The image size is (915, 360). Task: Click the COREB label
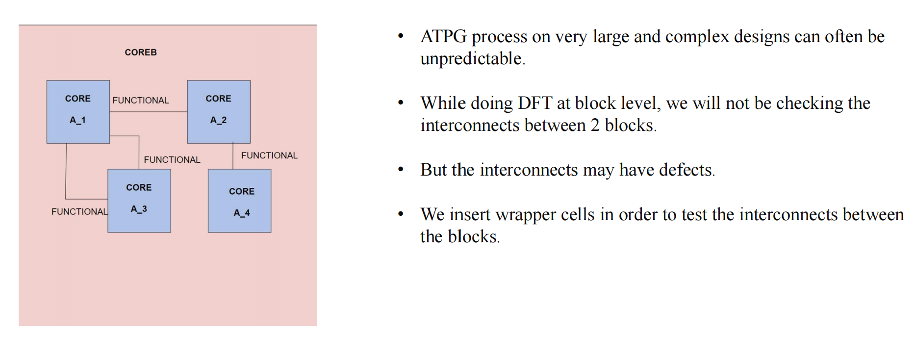point(141,52)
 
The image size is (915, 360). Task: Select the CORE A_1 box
point(78,112)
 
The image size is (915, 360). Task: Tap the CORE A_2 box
point(219,112)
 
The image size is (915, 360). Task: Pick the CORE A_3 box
point(139,201)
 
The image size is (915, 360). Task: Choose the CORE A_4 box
point(239,201)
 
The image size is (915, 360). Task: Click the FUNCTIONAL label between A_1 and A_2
point(141,101)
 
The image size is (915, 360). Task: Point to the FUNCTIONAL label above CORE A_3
point(172,160)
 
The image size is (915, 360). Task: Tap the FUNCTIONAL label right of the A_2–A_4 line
point(269,155)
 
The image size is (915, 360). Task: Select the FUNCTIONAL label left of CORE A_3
point(79,212)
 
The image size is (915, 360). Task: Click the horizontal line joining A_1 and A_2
point(148,112)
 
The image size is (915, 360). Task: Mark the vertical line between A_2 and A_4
point(233,156)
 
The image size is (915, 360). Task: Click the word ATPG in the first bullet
point(443,37)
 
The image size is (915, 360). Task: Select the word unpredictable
point(471,59)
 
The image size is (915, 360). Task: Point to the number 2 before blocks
point(595,126)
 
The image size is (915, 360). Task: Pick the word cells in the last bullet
point(578,215)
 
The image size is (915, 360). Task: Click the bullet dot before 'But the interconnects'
point(401,170)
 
